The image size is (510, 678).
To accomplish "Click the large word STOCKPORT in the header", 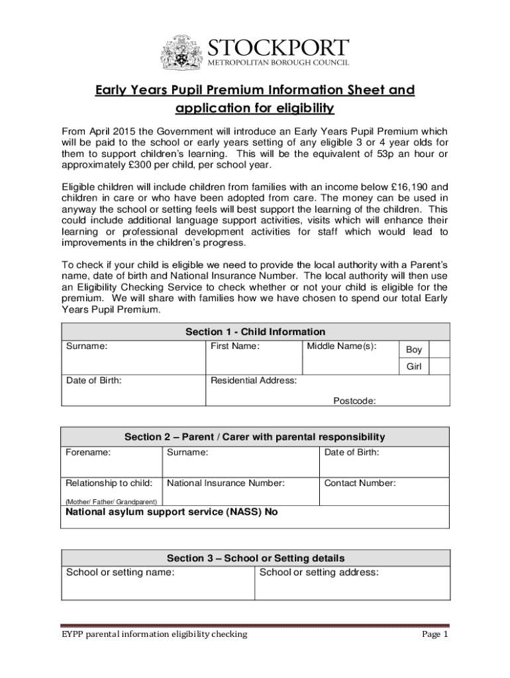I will [x=279, y=48].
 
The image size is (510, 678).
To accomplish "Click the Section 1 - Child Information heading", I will [x=255, y=332].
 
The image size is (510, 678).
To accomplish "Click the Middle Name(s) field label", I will [x=341, y=346].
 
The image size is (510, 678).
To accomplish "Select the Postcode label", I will [x=354, y=401].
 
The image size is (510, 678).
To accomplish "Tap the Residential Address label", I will [x=254, y=381].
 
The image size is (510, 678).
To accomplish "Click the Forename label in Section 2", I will [x=88, y=453].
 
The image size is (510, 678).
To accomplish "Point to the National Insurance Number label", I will [x=226, y=483].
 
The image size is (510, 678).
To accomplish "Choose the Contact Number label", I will [x=360, y=483].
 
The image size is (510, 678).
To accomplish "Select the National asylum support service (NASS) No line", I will [x=172, y=512].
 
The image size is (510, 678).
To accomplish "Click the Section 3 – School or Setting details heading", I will [x=255, y=558].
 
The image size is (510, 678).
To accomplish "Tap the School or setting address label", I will [x=319, y=572].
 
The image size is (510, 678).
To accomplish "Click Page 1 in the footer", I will [x=435, y=634].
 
